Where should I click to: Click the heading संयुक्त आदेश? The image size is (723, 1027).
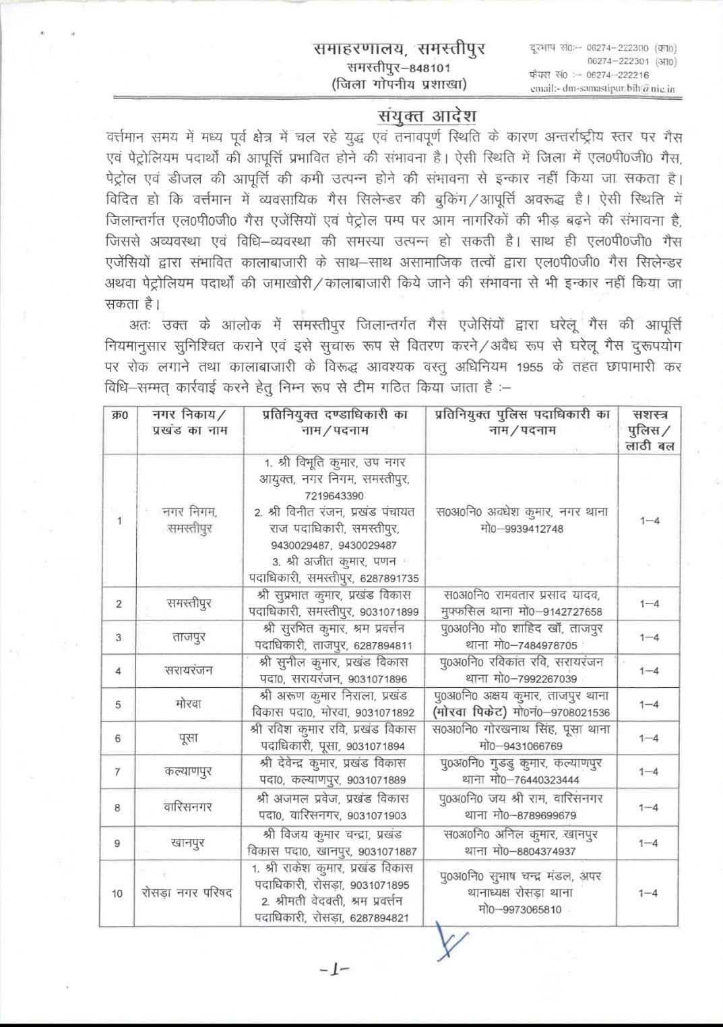(x=427, y=116)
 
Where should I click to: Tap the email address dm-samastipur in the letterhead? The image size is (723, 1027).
(x=602, y=88)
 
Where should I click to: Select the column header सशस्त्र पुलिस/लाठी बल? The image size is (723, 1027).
(x=650, y=430)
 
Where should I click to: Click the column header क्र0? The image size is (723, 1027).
(x=119, y=415)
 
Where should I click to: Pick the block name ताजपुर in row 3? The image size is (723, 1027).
(x=189, y=637)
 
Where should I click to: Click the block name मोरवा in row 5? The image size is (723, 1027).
(x=188, y=704)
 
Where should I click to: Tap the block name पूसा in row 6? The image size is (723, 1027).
(x=188, y=738)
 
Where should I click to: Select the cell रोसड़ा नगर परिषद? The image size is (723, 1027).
(x=187, y=893)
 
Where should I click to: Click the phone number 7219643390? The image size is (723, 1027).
(x=334, y=496)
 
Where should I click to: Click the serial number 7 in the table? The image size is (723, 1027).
(x=118, y=772)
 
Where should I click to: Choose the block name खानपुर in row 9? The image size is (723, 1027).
(x=188, y=843)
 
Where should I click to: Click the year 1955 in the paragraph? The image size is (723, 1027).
(x=530, y=368)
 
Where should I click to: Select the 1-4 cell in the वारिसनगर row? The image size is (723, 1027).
(x=649, y=807)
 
